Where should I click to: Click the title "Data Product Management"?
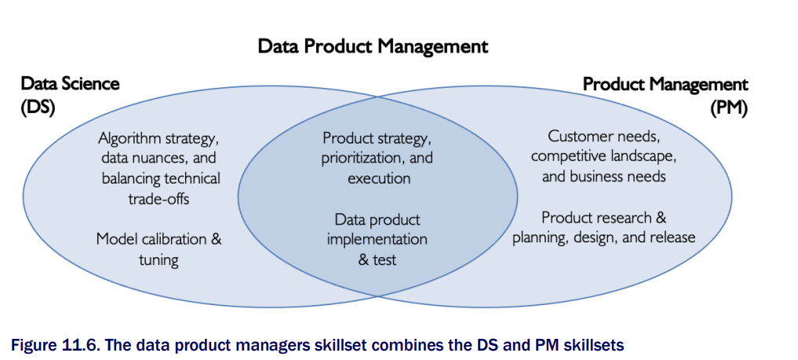[373, 47]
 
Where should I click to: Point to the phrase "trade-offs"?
[159, 198]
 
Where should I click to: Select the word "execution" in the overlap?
[379, 179]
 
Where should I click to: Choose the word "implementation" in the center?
[377, 239]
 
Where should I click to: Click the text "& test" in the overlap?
[377, 260]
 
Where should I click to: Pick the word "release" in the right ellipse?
[671, 238]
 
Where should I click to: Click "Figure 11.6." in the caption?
[44, 346]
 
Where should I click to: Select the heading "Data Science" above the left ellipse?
[70, 83]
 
